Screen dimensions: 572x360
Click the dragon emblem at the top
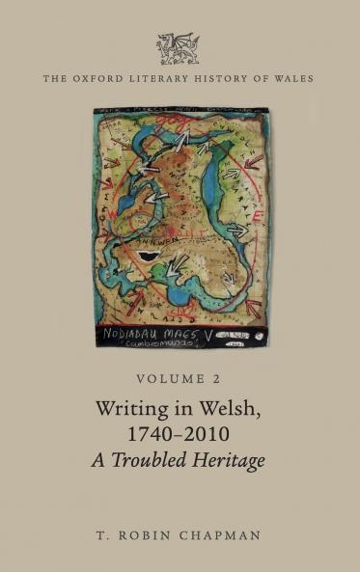179,47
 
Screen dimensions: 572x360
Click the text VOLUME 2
180,380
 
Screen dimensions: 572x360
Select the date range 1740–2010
180,434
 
